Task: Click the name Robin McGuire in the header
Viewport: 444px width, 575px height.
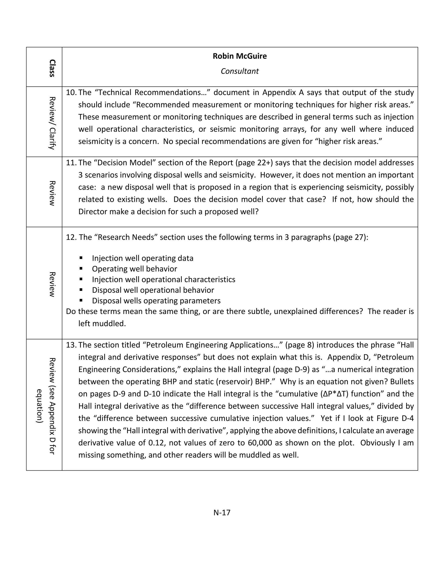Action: click(240, 56)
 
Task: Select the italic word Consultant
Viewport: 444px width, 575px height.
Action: click(240, 71)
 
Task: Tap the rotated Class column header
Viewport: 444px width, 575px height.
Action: click(52, 68)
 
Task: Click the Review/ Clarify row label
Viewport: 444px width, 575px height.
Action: click(52, 123)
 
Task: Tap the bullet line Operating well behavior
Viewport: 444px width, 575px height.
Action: click(134, 269)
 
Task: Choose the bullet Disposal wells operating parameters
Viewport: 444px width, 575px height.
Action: click(156, 301)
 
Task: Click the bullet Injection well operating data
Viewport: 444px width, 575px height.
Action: click(143, 258)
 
